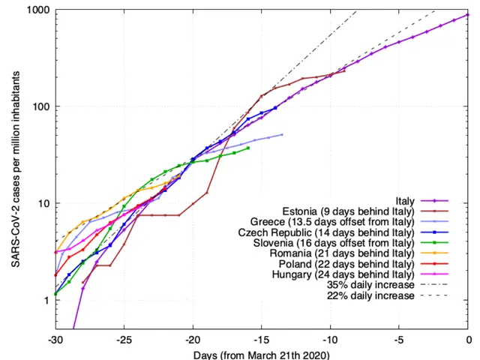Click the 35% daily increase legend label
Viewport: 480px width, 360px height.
click(370, 285)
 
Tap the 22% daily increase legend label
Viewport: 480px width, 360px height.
click(370, 295)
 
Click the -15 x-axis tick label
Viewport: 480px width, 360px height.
click(262, 339)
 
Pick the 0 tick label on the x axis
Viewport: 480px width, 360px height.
click(468, 339)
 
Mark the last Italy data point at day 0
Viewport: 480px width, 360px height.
click(468, 14)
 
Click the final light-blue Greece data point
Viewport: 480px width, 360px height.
click(282, 134)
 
